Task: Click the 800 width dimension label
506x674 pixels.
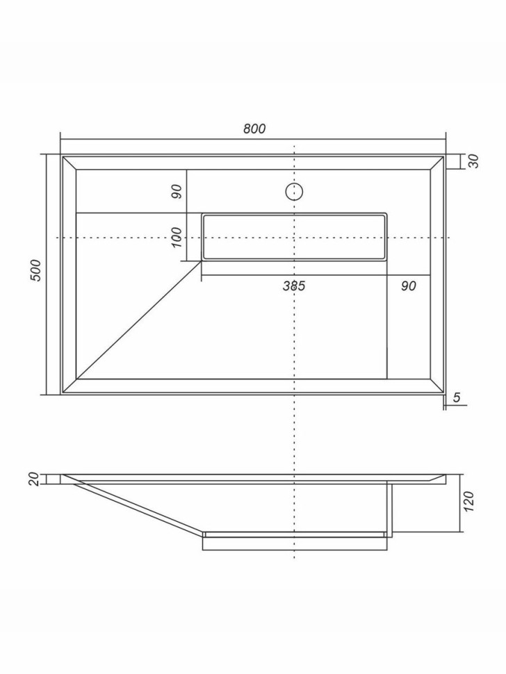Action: (254, 129)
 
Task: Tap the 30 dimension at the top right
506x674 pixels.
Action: (474, 161)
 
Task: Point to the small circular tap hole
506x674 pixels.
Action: (294, 191)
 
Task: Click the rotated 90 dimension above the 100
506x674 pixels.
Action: (177, 191)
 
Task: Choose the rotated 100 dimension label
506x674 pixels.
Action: (177, 237)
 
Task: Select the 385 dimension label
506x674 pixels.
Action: (294, 286)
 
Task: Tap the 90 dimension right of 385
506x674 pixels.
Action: (409, 286)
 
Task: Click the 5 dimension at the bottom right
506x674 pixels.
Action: (456, 397)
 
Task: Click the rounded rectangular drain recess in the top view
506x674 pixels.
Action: (293, 237)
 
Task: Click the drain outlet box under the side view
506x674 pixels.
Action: (293, 543)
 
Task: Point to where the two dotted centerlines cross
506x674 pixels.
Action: (295, 238)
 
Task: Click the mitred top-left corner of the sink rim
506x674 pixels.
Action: (69, 163)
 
